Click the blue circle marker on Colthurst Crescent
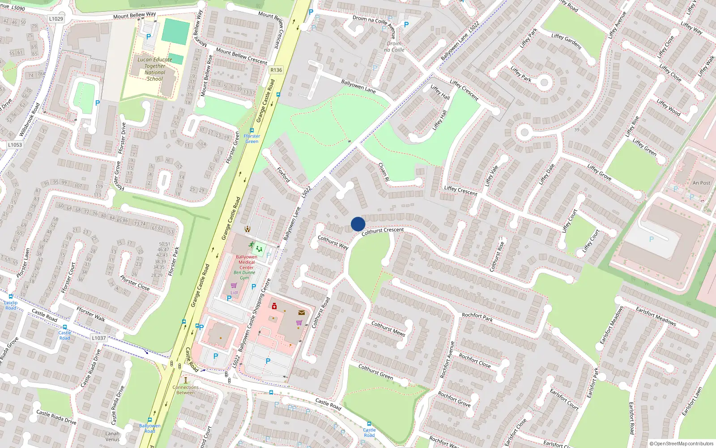(x=358, y=224)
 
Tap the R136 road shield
(x=276, y=70)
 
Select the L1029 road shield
(x=56, y=19)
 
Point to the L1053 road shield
(x=15, y=145)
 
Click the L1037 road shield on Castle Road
(x=99, y=338)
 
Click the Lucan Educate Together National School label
(x=155, y=69)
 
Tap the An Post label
(x=701, y=183)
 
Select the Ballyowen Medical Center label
(x=247, y=262)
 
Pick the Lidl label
(x=234, y=293)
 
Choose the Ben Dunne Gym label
(x=244, y=275)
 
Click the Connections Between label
(x=186, y=390)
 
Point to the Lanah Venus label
(x=112, y=436)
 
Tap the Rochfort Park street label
(x=477, y=317)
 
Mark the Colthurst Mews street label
(x=388, y=328)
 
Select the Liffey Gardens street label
(x=566, y=41)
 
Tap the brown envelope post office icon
(x=302, y=313)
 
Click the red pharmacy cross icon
(x=274, y=306)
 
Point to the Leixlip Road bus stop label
(x=11, y=305)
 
